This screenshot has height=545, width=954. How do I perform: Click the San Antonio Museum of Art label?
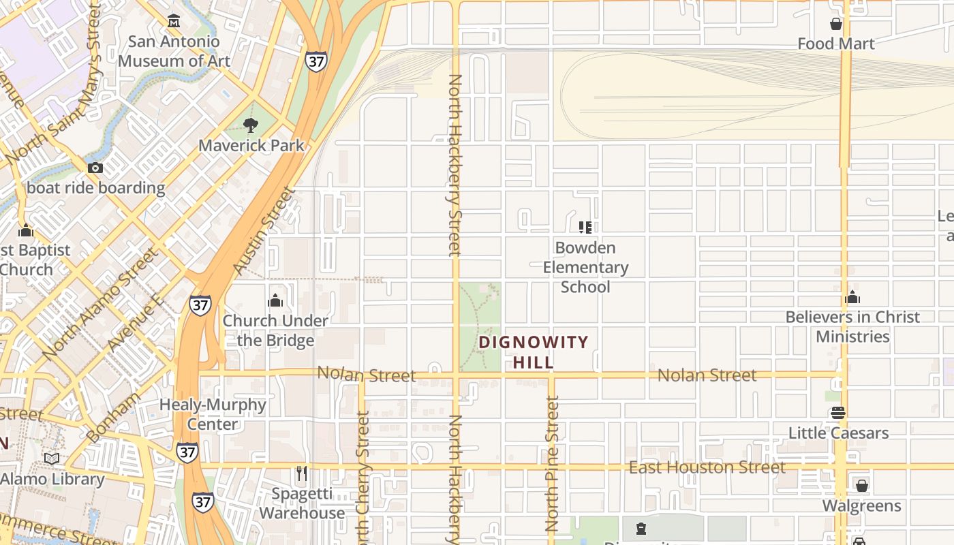coord(174,51)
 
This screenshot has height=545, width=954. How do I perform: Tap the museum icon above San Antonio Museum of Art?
coord(174,22)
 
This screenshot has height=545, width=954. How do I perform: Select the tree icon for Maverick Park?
coord(251,125)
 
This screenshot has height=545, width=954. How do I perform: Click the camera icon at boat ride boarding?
coord(95,168)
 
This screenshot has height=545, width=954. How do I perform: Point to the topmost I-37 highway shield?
coord(316,61)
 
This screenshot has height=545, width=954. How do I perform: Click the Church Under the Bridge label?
coord(275,330)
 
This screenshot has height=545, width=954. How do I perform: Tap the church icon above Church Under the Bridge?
coord(275,300)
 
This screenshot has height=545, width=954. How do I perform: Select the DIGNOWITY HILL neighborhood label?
coord(534,352)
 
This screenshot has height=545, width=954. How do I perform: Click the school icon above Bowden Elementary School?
coord(585,227)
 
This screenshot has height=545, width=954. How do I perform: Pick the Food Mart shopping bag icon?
coord(836,25)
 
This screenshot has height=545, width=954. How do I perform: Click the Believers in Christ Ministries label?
coord(852,326)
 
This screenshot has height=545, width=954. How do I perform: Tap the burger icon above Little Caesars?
coord(838,413)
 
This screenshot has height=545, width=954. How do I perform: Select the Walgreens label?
coord(861,505)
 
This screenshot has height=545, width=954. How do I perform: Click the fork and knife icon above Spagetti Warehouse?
coord(302,473)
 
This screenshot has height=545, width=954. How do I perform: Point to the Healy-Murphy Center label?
coord(213,414)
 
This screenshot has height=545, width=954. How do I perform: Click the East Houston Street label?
coord(707,467)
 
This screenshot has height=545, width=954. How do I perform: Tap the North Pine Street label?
coord(552,463)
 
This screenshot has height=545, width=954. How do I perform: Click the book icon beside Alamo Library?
coord(52,458)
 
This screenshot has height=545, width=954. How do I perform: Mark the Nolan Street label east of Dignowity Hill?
coord(707,375)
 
